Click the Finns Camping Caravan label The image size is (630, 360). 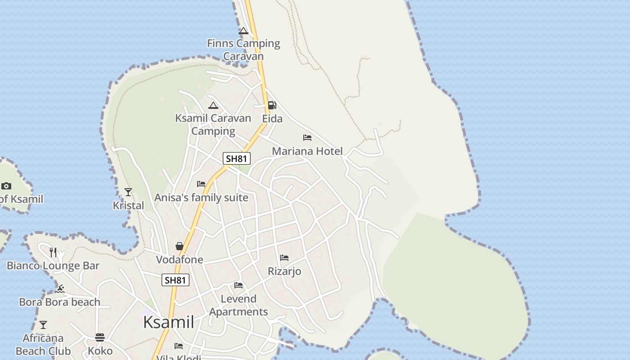tap(243, 49)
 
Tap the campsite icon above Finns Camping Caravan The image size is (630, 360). tap(243, 31)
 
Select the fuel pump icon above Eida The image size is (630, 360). tap(272, 105)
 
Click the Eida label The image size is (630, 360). tap(272, 119)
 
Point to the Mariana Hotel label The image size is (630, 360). tap(307, 151)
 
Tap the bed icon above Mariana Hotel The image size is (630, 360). tap(307, 138)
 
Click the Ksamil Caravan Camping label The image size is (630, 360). tap(213, 125)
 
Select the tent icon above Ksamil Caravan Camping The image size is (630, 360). tap(213, 105)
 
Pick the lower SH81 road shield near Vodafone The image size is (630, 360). tap(175, 280)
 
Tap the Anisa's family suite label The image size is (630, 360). tap(201, 198)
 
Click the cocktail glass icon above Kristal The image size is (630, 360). tap(128, 192)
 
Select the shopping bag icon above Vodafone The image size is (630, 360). tap(180, 246)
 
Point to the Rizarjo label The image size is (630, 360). tap(284, 271)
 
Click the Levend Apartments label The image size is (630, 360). tap(238, 305)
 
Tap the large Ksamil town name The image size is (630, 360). tap(169, 322)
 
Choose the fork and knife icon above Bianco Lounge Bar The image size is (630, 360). tap(53, 252)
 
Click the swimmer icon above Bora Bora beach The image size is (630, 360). tap(60, 289)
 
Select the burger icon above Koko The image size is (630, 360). tap(100, 337)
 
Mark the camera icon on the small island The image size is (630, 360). tap(6, 186)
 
